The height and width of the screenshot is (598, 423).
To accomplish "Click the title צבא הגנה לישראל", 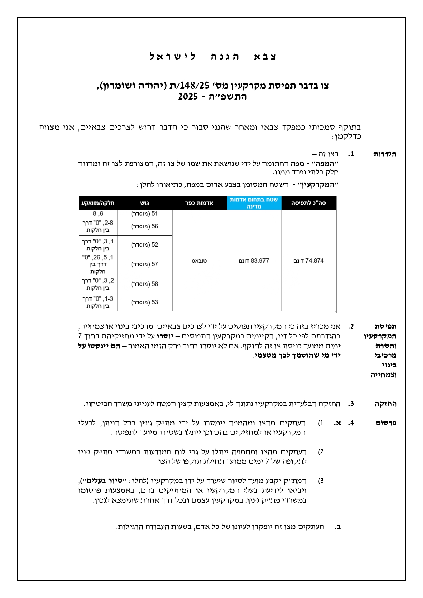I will (213, 57).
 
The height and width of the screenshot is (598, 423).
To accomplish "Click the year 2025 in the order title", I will (188, 97).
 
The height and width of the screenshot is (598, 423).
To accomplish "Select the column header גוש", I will (145, 203).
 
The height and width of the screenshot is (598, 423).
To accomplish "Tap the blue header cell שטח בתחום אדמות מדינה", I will (254, 203).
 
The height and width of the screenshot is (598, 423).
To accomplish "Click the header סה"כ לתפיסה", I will (308, 203).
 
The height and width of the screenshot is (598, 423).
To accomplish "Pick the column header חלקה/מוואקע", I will (98, 203).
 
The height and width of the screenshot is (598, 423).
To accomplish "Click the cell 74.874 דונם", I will (308, 261).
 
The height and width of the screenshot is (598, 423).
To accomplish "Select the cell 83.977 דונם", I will (254, 261).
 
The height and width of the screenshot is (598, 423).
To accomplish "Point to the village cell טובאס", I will (199, 261).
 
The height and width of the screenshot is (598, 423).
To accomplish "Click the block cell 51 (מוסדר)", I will (145, 214).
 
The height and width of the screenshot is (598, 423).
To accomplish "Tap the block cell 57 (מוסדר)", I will (145, 264).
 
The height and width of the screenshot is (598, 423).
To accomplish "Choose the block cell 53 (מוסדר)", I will (145, 302).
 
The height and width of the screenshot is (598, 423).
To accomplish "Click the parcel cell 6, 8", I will (98, 214).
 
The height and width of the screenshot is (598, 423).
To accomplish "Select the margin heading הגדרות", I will (385, 154).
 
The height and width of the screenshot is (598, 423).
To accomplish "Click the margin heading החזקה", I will (386, 404).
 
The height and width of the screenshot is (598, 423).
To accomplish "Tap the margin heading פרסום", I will (386, 423).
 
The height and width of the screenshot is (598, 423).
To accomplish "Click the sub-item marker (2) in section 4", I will (321, 452).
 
